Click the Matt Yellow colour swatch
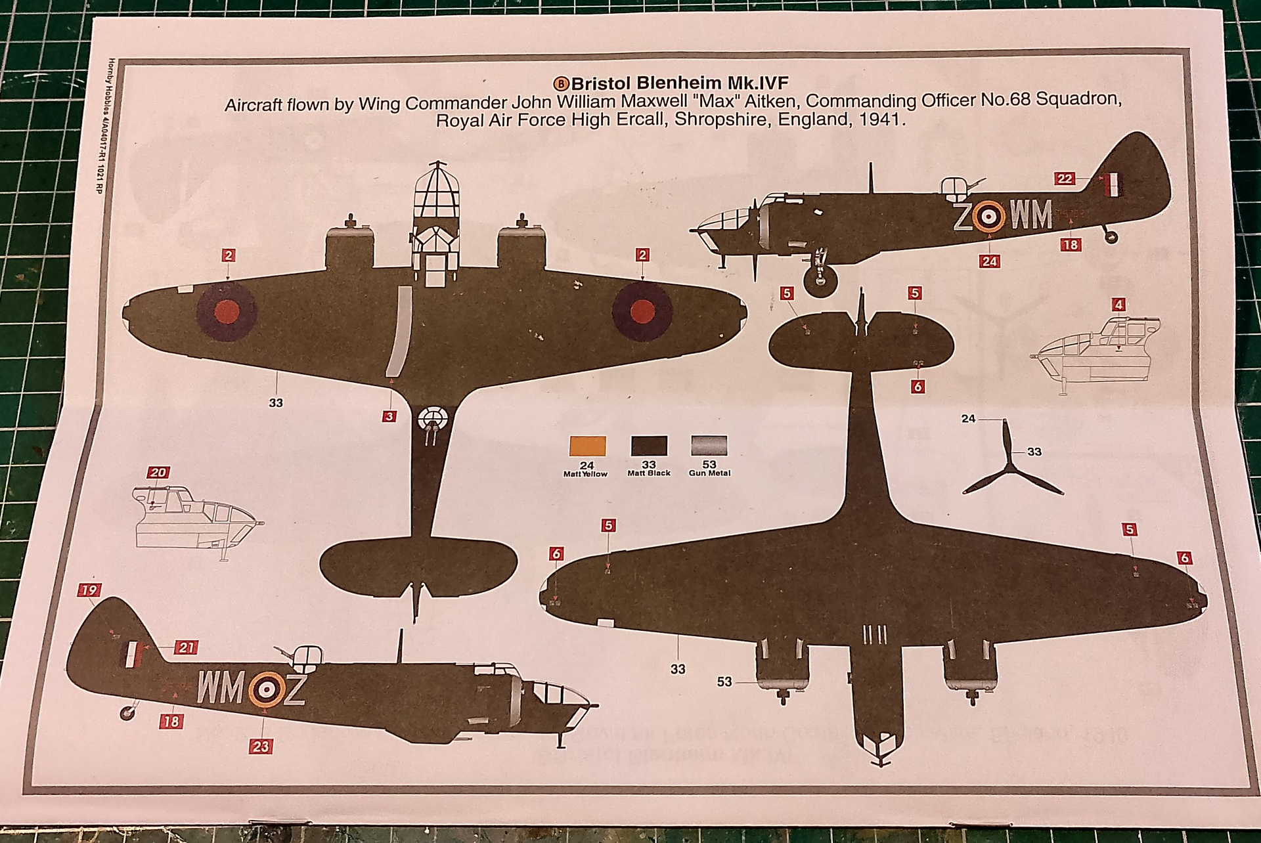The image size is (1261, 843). point(587,446)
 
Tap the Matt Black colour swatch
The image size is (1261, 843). point(649,446)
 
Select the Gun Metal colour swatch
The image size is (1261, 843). point(709,446)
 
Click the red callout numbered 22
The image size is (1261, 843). point(1065,179)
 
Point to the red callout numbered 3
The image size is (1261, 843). point(390,416)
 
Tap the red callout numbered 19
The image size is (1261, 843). point(89,590)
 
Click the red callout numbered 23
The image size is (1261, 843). point(261,746)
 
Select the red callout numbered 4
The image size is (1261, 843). point(1118,305)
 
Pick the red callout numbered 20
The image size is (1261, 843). point(158,473)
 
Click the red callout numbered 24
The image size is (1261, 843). point(989,261)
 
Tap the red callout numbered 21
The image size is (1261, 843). point(186,648)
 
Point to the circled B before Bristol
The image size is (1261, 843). point(562,83)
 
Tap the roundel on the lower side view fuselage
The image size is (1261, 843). point(266,689)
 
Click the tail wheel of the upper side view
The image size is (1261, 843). point(1111,236)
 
